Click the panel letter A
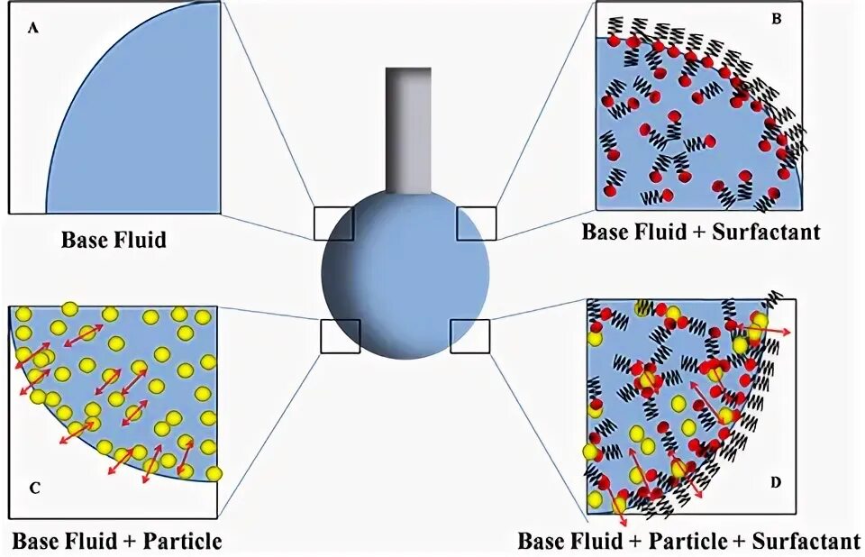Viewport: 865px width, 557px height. pyautogui.click(x=33, y=28)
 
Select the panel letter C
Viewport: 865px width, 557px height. pyautogui.click(x=33, y=489)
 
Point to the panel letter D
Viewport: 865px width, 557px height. pyautogui.click(x=775, y=483)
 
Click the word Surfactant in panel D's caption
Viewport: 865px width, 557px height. pyautogui.click(x=806, y=542)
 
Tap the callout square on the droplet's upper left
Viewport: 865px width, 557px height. pyautogui.click(x=333, y=223)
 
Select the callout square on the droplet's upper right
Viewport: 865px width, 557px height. pyautogui.click(x=476, y=223)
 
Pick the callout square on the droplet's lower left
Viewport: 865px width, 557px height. pyautogui.click(x=340, y=335)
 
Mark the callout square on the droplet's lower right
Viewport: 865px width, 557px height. pyautogui.click(x=469, y=335)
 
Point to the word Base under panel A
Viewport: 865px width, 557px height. pyautogui.click(x=87, y=241)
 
